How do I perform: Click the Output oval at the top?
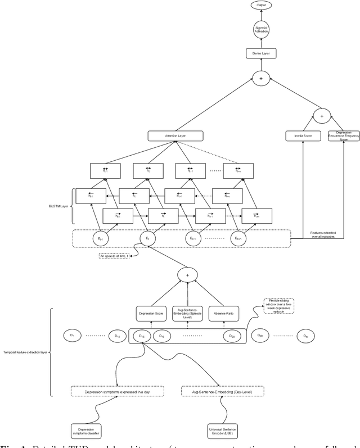tap(260, 5)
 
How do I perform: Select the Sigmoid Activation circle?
tap(260, 30)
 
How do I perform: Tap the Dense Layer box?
tap(260, 53)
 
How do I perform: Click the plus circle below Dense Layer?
tap(260, 78)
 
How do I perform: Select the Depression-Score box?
tap(151, 313)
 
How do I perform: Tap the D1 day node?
tap(72, 336)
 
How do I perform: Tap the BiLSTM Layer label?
tap(55, 206)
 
